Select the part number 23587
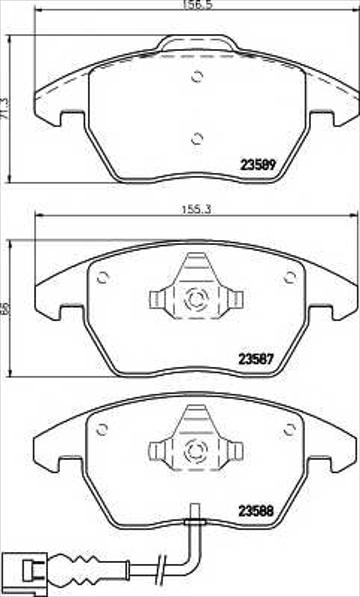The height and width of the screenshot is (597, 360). click(x=256, y=358)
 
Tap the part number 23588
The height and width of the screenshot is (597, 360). click(x=256, y=511)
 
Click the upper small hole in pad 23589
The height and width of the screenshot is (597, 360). click(x=197, y=77)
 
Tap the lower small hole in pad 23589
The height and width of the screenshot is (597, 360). click(x=197, y=139)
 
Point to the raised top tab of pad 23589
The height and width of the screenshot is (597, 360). click(x=197, y=43)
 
